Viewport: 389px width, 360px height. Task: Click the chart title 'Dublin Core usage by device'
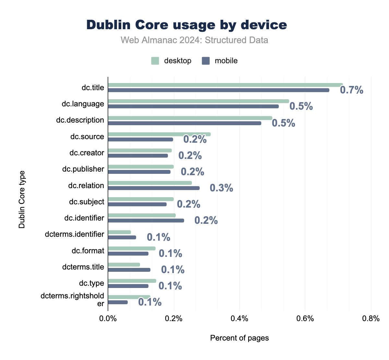186,25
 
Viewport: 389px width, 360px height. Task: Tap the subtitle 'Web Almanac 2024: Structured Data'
194,40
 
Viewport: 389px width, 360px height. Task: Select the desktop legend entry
171,61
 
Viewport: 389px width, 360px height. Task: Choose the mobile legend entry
220,61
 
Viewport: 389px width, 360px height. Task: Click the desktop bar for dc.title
225,85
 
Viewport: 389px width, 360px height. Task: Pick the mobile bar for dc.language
193,106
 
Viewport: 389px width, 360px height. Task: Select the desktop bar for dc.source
159,134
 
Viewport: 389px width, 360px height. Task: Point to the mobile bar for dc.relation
154,188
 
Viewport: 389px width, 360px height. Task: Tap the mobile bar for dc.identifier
146,221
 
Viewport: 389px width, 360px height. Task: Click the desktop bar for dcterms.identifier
119,232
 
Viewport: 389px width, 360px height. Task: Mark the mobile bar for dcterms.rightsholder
118,302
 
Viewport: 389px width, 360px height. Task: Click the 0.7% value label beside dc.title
351,90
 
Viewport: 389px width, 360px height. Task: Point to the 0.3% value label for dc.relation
221,188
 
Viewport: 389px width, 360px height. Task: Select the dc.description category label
80,120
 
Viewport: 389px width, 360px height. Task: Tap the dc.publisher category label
83,169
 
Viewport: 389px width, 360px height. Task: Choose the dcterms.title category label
83,267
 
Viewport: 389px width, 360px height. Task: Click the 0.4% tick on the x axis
239,318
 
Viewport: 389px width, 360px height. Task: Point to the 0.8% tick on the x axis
371,318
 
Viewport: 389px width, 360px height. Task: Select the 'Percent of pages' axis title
239,338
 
